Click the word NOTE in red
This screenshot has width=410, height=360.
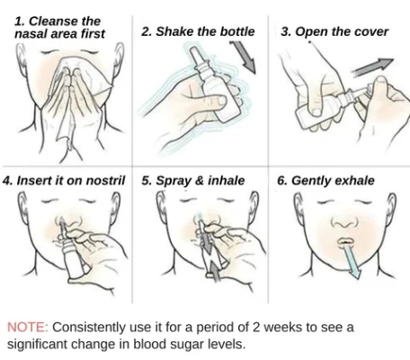[x=27, y=327]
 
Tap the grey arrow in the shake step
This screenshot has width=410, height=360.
[x=244, y=57]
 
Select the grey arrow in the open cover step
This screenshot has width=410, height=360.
[x=372, y=67]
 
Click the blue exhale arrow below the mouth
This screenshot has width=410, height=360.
[x=351, y=261]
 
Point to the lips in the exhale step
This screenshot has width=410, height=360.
[x=345, y=241]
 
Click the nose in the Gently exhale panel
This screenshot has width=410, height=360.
[x=344, y=222]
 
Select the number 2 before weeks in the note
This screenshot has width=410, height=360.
[x=256, y=327]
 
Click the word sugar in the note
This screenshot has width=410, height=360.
[x=185, y=345]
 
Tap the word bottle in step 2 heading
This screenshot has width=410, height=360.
[x=237, y=31]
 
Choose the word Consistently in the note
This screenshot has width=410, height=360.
[x=89, y=327]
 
